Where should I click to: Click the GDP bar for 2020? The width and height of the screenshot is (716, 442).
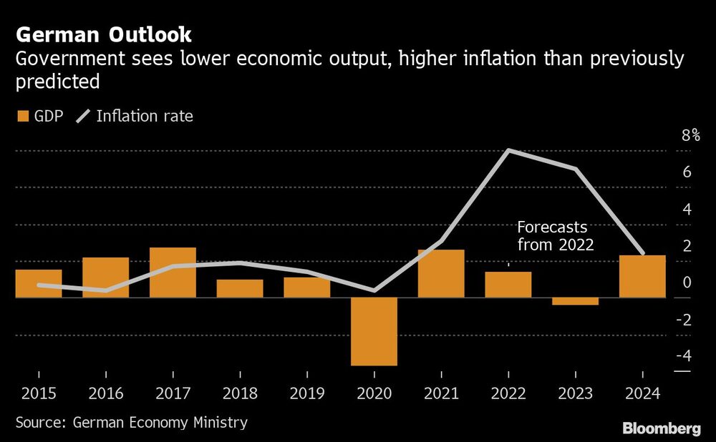374,331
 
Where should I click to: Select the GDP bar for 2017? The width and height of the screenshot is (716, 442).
173,272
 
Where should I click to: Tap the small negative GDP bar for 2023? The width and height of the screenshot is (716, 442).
575,301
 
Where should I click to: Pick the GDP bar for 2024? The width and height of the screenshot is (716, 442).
642,276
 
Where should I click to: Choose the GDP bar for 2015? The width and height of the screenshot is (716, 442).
39,283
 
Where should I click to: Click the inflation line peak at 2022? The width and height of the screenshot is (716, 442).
508,150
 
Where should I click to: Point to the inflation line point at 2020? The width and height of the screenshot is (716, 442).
374,290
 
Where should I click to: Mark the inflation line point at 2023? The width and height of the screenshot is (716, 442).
575,169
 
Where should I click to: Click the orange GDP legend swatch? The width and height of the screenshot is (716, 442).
23,116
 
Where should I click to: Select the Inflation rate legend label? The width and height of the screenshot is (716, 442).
144,116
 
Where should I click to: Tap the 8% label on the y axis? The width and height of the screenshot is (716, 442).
690,136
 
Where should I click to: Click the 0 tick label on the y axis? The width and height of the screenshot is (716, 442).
686,283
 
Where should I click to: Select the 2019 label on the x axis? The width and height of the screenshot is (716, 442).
306,393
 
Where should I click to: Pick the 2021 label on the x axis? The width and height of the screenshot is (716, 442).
440,393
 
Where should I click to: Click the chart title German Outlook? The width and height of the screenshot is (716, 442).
103,34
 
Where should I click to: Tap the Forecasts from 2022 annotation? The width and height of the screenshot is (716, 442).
556,236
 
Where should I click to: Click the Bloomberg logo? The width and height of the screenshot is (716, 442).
662,428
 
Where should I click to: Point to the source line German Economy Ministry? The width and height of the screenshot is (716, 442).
131,422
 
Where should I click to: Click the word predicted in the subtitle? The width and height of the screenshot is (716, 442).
57,82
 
